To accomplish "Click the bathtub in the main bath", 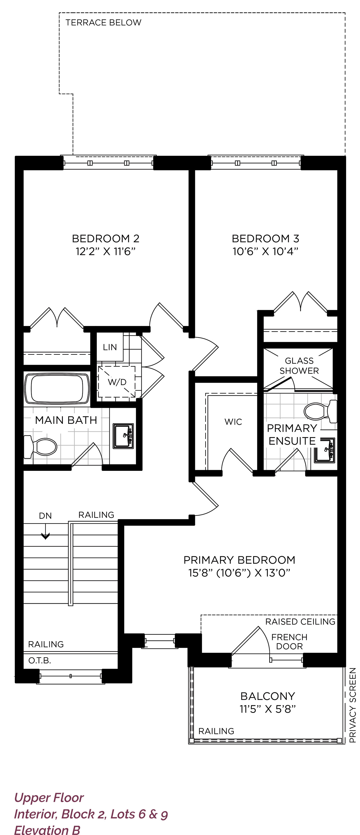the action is point(57,389).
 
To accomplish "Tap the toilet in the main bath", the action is point(40,447).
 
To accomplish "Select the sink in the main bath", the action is point(123,436).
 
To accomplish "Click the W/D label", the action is point(117,382).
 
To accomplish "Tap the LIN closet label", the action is point(110,347).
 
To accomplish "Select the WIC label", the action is point(233,422).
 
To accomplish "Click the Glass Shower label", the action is point(299,366).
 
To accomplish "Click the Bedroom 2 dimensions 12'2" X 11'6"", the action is point(105,251).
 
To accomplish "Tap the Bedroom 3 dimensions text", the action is point(265,251).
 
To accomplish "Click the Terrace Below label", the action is point(103,22).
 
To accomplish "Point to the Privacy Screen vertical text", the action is point(353,705).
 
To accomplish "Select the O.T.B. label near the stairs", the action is point(40,660).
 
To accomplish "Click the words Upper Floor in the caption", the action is point(49,798).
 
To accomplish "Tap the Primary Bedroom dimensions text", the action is point(239,573).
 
